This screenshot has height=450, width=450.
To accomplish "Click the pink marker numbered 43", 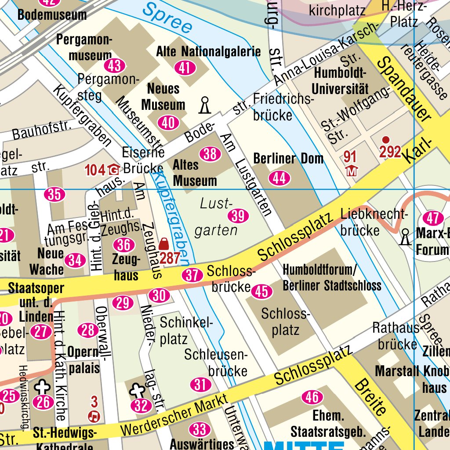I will click(114, 66).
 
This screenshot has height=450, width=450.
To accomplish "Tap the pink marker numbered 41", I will click(185, 68).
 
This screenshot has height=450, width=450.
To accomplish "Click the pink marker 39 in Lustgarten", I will click(238, 215).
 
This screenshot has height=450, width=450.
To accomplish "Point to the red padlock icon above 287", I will click(164, 243).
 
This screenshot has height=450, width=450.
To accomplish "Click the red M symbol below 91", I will click(351, 171).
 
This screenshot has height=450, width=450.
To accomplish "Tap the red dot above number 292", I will click(386, 140).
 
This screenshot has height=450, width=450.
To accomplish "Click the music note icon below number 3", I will click(94, 415).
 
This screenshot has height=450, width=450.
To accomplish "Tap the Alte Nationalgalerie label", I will click(208, 52).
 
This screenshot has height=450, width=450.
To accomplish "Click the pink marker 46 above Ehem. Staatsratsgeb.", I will click(312, 398).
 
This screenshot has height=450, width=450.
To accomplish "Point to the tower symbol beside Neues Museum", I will click(204, 105).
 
